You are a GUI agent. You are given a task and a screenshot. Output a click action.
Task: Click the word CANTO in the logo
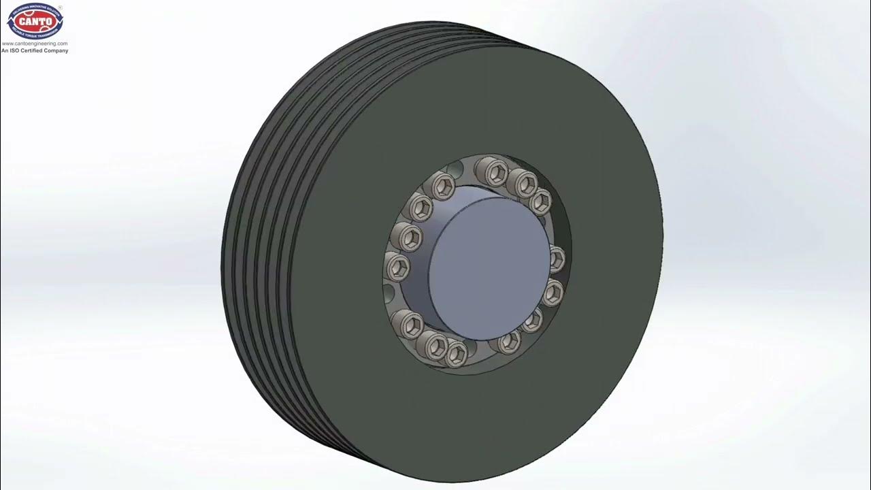(x=35, y=21)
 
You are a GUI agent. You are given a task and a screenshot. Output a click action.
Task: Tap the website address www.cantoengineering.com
(x=35, y=44)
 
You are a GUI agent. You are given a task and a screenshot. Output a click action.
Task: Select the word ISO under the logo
(x=16, y=50)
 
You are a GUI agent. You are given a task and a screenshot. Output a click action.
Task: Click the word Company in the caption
(x=57, y=50)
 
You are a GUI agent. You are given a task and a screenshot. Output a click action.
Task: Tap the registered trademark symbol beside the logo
(x=61, y=7)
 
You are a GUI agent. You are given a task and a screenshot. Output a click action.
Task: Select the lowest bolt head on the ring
(x=456, y=353)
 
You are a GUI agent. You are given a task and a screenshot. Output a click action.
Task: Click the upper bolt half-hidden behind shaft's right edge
(x=556, y=258)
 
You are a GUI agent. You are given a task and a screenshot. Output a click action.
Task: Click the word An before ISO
(x=5, y=50)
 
